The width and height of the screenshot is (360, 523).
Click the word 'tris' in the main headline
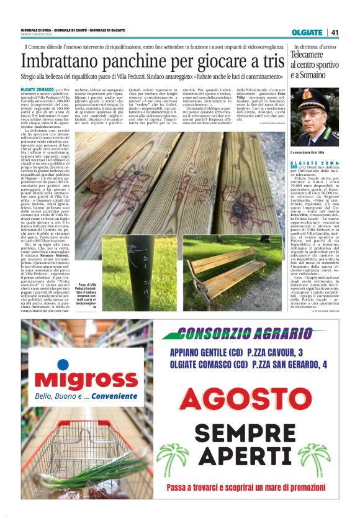tap(269, 62)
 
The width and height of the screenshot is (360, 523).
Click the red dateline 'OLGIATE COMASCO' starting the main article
tap(39, 89)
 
